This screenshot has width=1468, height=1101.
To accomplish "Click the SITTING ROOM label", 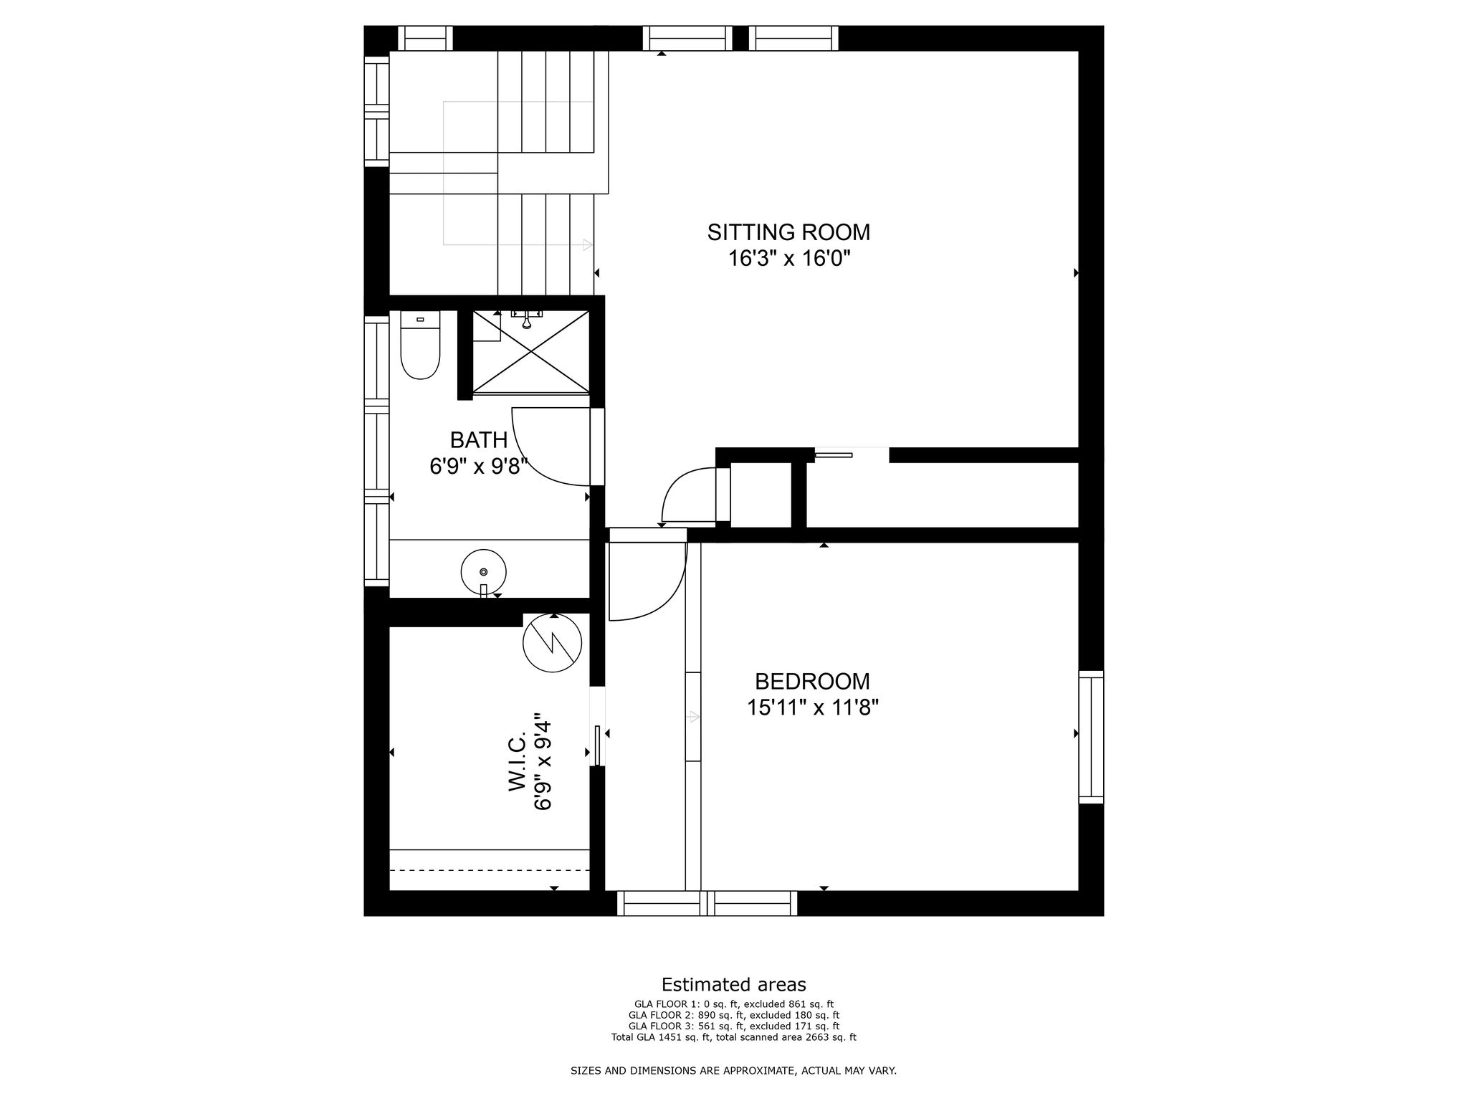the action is (x=788, y=232).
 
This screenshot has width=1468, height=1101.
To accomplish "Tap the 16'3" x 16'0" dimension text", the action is (x=789, y=258).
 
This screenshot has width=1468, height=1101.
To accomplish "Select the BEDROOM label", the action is (x=812, y=681).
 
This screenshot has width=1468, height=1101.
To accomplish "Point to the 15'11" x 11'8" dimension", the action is (x=813, y=707).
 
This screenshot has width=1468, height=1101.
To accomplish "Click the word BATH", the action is (x=479, y=439).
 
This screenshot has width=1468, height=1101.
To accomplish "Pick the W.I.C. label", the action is (x=518, y=761).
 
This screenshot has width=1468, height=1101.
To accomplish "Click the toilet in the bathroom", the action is (x=420, y=345).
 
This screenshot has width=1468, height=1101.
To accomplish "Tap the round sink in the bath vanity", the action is (x=483, y=572).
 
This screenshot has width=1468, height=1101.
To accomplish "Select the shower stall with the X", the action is (x=530, y=352).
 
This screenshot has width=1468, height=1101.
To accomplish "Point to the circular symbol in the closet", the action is (x=552, y=643).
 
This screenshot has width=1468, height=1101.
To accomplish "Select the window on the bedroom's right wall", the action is (x=1091, y=737).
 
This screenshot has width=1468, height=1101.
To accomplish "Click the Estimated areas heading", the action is (x=733, y=984).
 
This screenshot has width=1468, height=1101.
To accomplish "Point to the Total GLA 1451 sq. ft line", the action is (x=733, y=1036).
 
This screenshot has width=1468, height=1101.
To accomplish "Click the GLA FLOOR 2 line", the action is (x=733, y=1015).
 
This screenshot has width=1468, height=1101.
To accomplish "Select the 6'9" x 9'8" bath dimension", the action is (x=479, y=467).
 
